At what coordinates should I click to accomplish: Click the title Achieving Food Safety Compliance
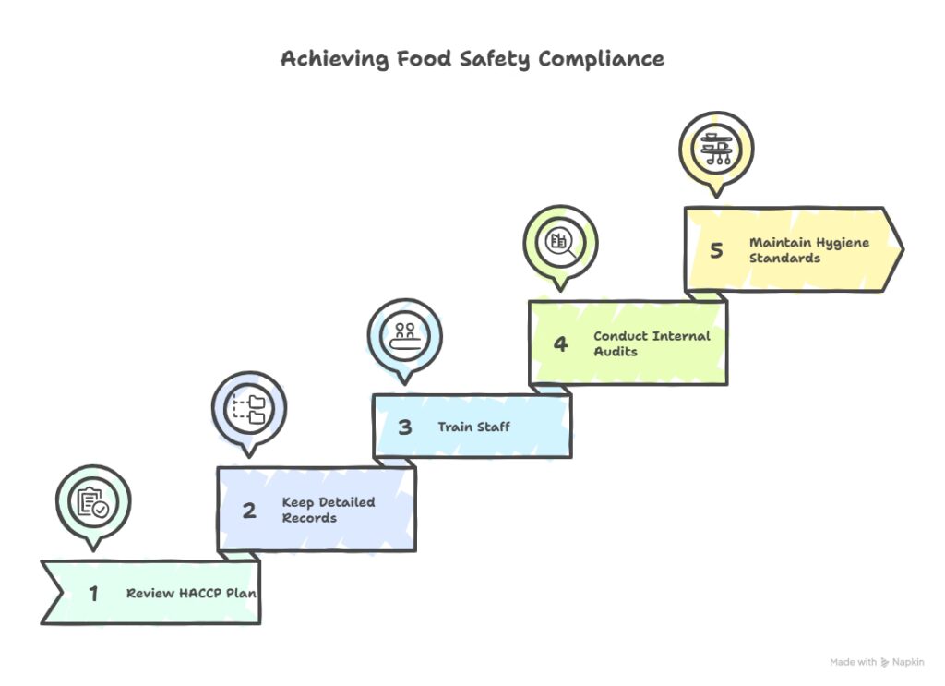pos(472,58)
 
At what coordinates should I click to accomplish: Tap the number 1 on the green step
pos(93,593)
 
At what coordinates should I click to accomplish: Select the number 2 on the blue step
pos(248,511)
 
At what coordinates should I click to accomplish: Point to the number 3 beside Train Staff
pos(405,427)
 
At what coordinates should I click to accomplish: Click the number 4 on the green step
pos(561,343)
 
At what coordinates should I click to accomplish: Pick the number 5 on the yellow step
pos(717,250)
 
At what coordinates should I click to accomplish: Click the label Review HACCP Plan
pos(191,593)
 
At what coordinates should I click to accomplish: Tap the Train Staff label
pos(473,427)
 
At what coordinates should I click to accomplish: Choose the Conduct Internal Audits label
pos(652,343)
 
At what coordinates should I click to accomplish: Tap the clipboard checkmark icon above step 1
pos(92,502)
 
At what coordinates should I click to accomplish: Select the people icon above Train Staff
pos(405,335)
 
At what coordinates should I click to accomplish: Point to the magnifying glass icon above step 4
pos(561,243)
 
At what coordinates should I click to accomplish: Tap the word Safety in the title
pos(496,58)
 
